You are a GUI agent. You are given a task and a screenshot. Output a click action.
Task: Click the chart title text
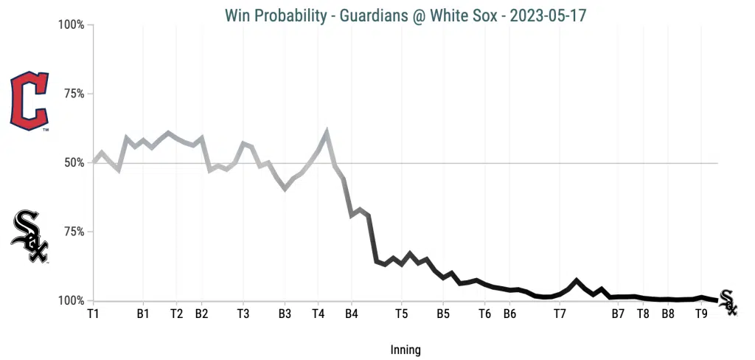(x=406, y=15)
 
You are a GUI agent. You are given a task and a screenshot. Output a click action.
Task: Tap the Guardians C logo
(x=29, y=102)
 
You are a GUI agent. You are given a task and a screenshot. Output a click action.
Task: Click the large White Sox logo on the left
(x=30, y=236)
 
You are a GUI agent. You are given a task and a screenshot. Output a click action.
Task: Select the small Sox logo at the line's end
(x=728, y=302)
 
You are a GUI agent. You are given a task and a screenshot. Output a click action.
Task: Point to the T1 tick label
(x=93, y=314)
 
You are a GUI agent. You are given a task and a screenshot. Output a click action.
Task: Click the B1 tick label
(x=143, y=314)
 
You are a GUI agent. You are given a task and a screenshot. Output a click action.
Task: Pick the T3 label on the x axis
(x=243, y=314)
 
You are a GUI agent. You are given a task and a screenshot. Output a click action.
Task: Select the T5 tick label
(x=401, y=314)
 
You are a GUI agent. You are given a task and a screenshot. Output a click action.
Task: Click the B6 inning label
(x=509, y=314)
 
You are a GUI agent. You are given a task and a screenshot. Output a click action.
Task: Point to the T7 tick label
(x=560, y=314)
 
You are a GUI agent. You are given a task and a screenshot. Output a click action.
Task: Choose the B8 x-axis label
(x=667, y=314)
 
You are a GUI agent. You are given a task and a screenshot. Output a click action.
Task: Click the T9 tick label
(x=702, y=314)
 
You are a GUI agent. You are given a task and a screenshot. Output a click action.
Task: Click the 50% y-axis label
(x=74, y=163)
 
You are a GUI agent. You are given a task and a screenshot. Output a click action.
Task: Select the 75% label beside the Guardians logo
(x=74, y=94)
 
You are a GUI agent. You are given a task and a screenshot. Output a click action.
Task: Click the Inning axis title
(x=406, y=350)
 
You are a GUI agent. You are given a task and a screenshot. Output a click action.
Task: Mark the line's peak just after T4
(x=327, y=133)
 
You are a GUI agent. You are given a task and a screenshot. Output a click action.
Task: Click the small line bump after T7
(x=577, y=280)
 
